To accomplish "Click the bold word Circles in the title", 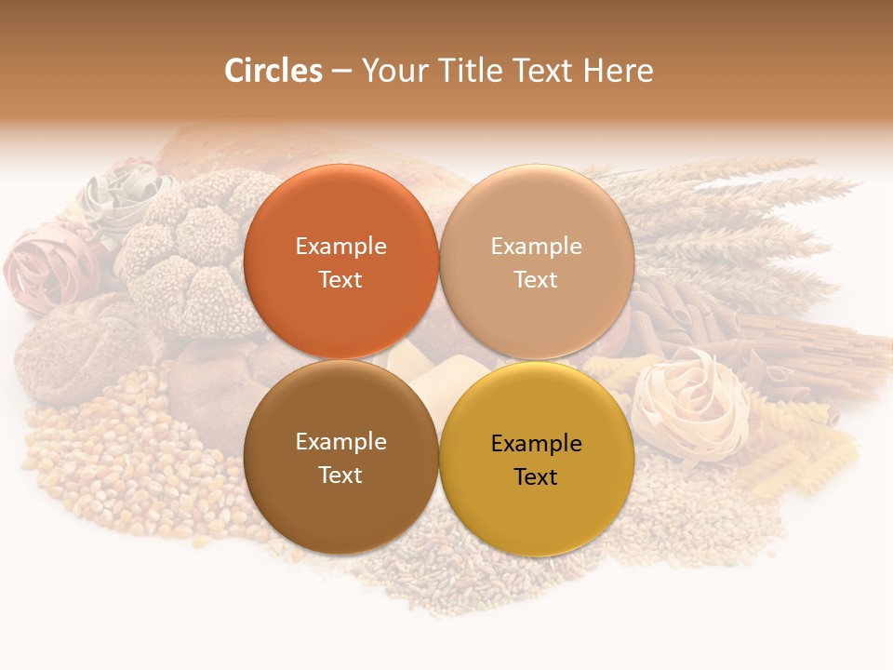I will click(x=273, y=71).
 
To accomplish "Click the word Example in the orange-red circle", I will click(x=340, y=247).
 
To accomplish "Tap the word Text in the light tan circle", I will click(x=536, y=280).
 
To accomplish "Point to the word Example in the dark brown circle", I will click(x=340, y=442).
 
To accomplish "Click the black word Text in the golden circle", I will click(x=536, y=477).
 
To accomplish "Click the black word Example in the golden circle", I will click(x=536, y=444).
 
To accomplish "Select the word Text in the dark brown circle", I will click(x=340, y=476).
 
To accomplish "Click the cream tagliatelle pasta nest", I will click(x=688, y=400).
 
